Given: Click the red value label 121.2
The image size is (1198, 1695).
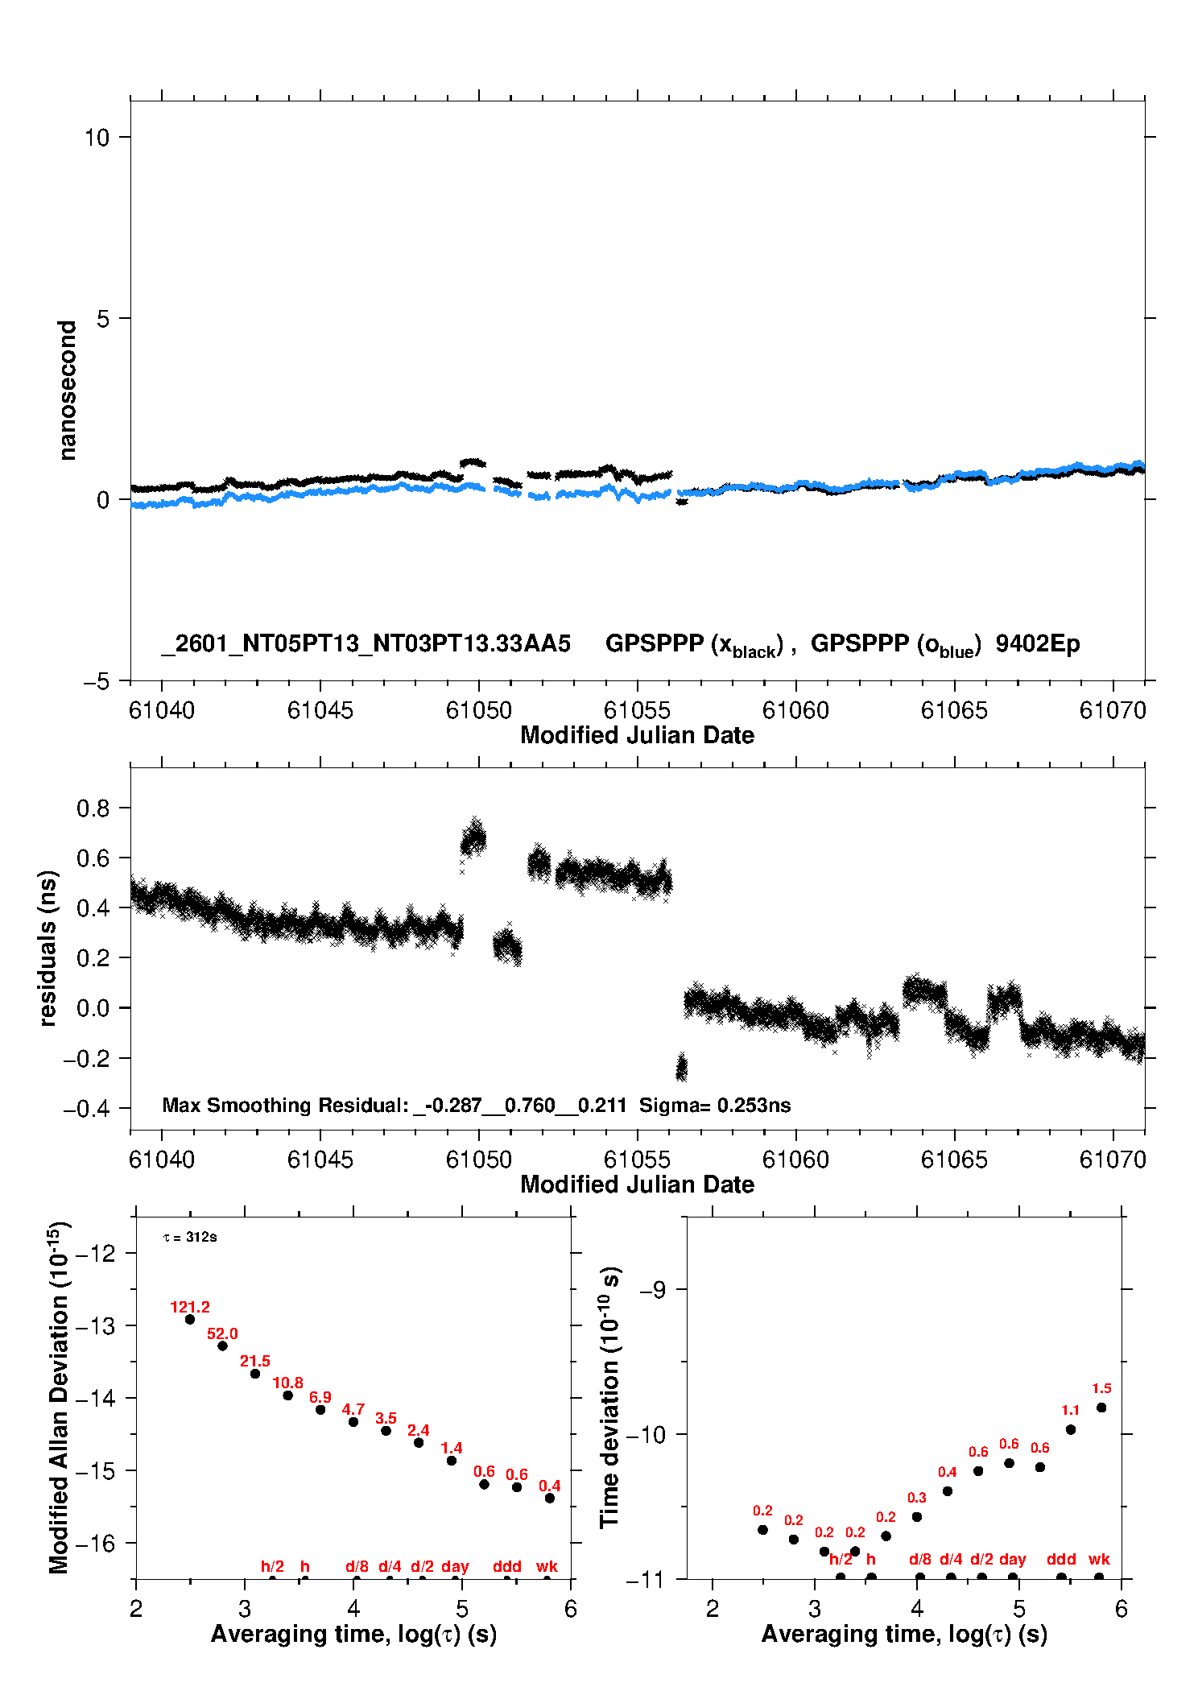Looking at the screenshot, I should coord(190,1307).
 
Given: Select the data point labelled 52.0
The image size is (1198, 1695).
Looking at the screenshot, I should coord(222,1346).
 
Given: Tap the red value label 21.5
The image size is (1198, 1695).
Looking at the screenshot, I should coord(254,1361).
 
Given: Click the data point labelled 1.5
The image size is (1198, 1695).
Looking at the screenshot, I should coord(1101,1408).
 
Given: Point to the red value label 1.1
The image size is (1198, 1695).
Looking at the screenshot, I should coord(1070,1410).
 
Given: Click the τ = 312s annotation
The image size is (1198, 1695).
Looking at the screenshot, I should coord(190,1237).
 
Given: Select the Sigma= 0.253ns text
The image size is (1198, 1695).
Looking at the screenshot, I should coord(715,1105).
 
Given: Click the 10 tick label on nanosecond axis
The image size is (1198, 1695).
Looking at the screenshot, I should coord(97,138).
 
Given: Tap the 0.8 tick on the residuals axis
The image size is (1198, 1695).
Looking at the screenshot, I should coord(93,808).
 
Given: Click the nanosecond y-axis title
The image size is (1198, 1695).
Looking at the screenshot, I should coord(68,391).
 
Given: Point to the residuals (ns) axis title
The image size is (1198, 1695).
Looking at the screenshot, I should coord(48,948).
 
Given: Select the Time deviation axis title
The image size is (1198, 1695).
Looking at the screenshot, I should coord(610,1397).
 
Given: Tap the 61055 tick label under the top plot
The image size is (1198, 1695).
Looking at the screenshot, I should coord(637,710).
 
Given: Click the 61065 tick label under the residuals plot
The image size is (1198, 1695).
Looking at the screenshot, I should coord(954,1160).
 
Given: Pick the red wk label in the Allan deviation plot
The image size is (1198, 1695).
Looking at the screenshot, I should coord(547,1566).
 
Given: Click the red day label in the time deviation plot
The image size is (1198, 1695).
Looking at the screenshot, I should coord(1013,1559).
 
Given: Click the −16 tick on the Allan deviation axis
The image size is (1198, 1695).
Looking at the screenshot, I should coord(95,1543).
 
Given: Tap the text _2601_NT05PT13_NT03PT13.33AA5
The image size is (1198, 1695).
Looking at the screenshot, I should coord(366,643).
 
